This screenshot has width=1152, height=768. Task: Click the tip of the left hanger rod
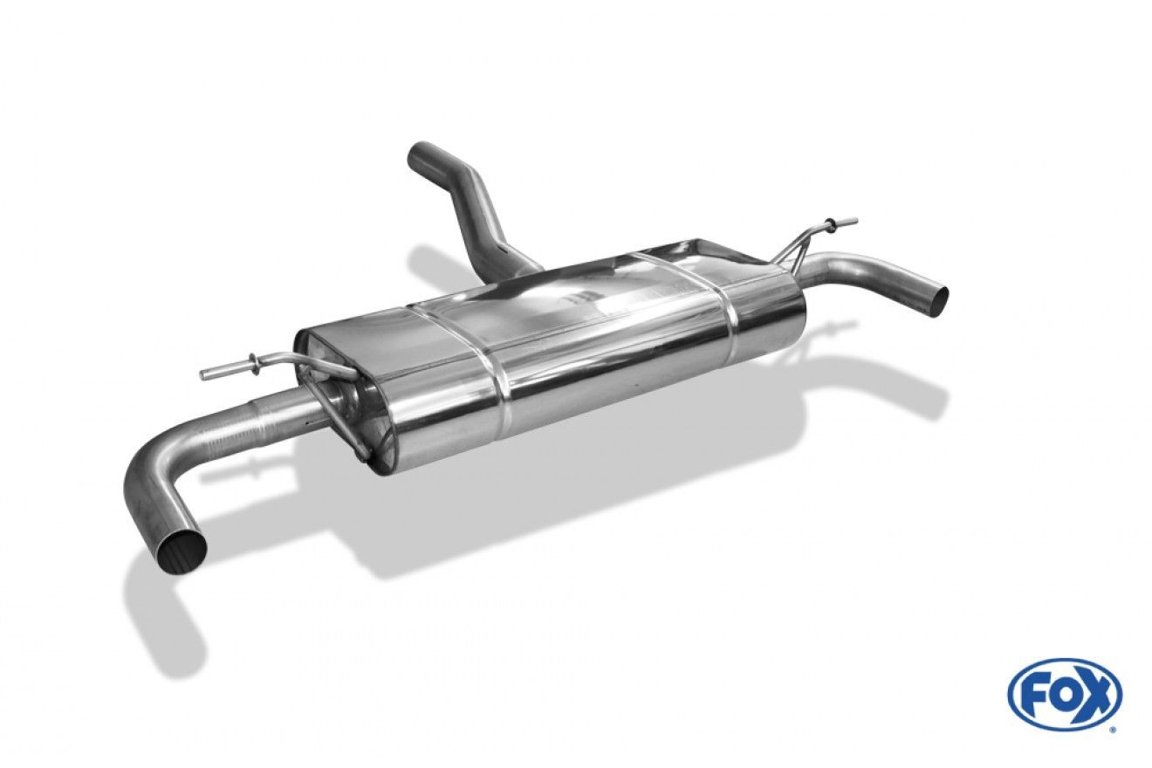(203, 375)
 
